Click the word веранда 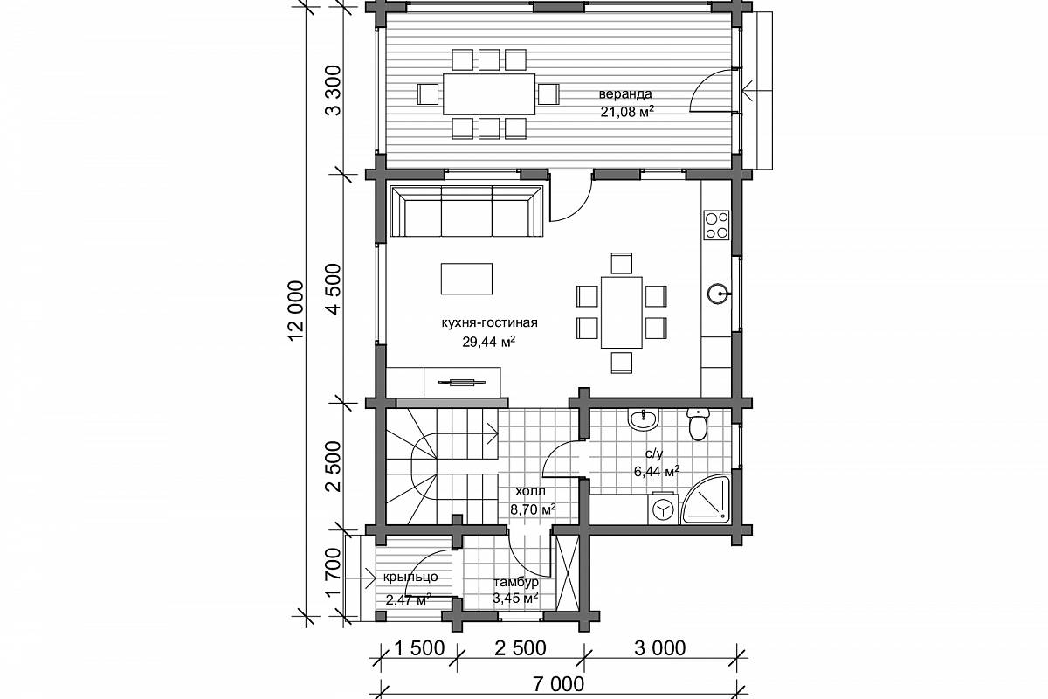pos(625,94)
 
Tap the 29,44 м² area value pos(489,342)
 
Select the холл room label pos(530,492)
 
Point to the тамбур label pos(516,582)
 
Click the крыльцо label pos(410,577)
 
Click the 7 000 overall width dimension pos(558,684)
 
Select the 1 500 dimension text pos(418,648)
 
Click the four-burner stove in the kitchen pos(717,225)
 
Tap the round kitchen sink pos(718,294)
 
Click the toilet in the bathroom pos(698,424)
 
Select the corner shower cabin pos(707,500)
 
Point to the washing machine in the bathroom pos(663,508)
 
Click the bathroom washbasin pos(644,419)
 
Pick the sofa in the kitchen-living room pos(466,211)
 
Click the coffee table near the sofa pos(466,279)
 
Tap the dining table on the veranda pos(489,93)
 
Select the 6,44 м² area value pos(657,472)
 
